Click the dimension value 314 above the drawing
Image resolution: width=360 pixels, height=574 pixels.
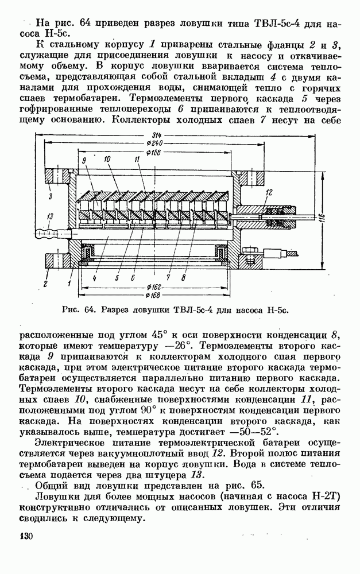click(154, 134)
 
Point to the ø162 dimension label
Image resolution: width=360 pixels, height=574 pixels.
click(153, 285)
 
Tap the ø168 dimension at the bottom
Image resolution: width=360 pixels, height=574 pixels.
click(153, 295)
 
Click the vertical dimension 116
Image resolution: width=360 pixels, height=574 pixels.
click(323, 220)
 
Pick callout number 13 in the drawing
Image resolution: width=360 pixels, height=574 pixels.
click(50, 216)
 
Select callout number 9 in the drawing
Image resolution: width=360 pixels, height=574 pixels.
click(84, 160)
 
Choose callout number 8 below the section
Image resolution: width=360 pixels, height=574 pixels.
click(183, 277)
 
